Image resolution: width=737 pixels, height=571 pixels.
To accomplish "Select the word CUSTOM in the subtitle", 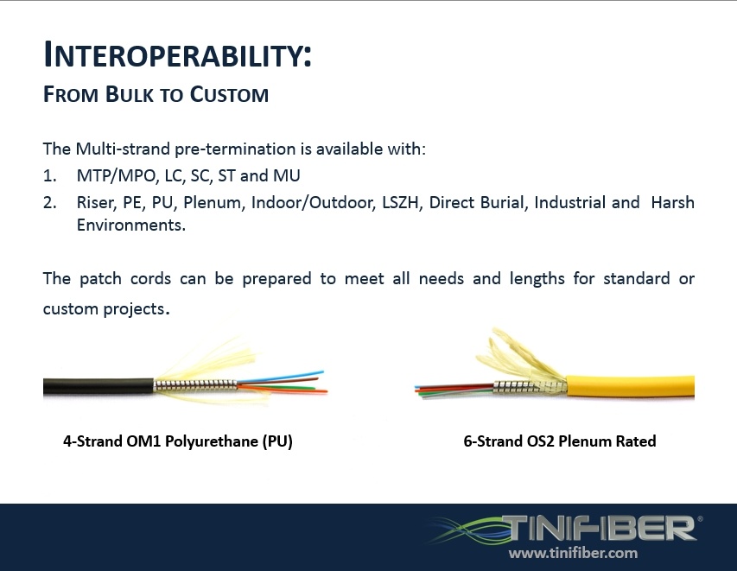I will click(x=231, y=95).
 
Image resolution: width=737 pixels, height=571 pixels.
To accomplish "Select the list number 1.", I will click(x=49, y=175).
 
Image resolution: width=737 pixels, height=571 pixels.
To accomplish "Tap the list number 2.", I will click(x=49, y=203).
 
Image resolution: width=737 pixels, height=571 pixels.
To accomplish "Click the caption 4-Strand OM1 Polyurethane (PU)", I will click(x=178, y=441).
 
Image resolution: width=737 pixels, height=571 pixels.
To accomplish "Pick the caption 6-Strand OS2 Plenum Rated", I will click(x=560, y=441).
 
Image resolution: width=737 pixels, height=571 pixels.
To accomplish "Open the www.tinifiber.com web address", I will click(x=573, y=553).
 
